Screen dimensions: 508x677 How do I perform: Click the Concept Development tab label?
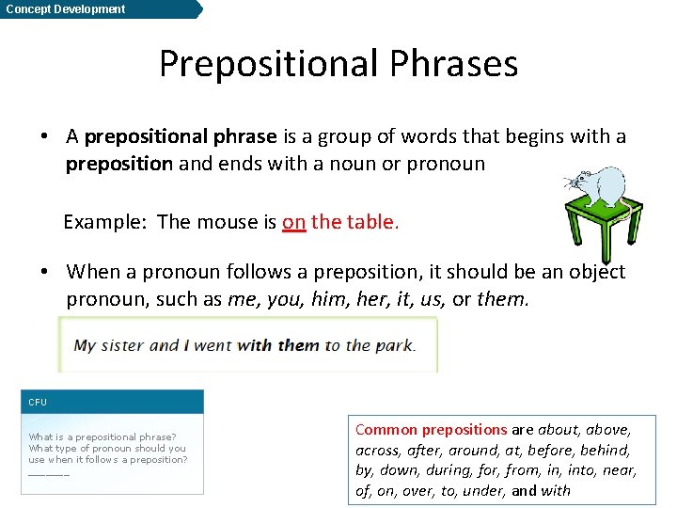click(65, 9)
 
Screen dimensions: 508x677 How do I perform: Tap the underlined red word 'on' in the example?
click(293, 222)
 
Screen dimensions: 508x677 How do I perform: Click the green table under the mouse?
click(602, 226)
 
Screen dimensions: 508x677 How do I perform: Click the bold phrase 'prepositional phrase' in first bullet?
click(181, 136)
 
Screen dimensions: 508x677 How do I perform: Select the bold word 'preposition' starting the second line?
click(118, 164)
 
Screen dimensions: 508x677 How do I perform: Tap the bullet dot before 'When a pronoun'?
click(44, 272)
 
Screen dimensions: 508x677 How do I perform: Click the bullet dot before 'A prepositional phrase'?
click(44, 136)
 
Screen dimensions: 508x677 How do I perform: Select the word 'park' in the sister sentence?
click(394, 345)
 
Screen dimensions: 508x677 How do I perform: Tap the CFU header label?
click(38, 402)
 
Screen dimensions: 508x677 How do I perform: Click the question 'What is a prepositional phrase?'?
click(102, 437)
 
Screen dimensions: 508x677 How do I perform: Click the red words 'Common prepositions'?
click(431, 429)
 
